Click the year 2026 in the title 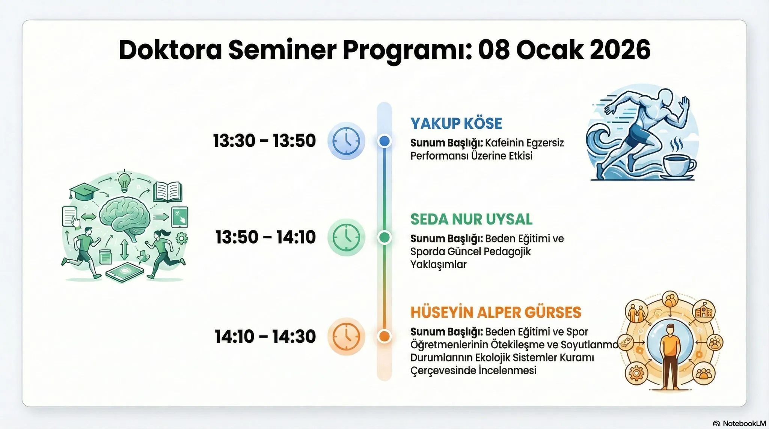(620, 50)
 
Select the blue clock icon (346, 141)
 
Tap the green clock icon (346, 237)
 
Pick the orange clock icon (346, 336)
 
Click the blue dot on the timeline (384, 141)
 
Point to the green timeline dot (384, 237)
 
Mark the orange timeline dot (384, 336)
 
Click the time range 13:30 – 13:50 (264, 141)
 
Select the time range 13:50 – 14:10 (265, 237)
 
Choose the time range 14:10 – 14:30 (265, 336)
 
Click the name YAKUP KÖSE (456, 123)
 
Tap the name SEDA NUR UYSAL (471, 219)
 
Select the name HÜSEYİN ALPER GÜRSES (496, 312)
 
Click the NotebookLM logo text (744, 423)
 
